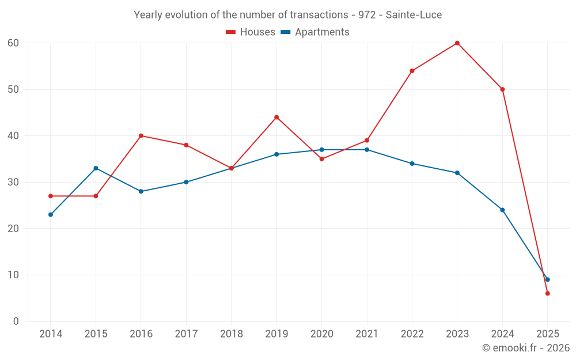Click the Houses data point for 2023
(457, 43)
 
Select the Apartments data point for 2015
(96, 168)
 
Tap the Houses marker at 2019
(276, 118)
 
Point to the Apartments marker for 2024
(502, 210)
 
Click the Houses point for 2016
(141, 136)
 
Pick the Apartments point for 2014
(51, 214)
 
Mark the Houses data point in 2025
(547, 293)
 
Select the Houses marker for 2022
(412, 71)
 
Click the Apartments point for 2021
(367, 150)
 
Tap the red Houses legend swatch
(231, 32)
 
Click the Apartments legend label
(322, 32)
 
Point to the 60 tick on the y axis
(13, 43)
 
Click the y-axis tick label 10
(13, 275)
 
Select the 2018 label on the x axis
(231, 334)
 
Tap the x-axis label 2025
(547, 334)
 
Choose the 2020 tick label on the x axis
(321, 334)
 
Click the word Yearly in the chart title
(147, 15)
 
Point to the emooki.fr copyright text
(525, 348)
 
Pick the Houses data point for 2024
(502, 89)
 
